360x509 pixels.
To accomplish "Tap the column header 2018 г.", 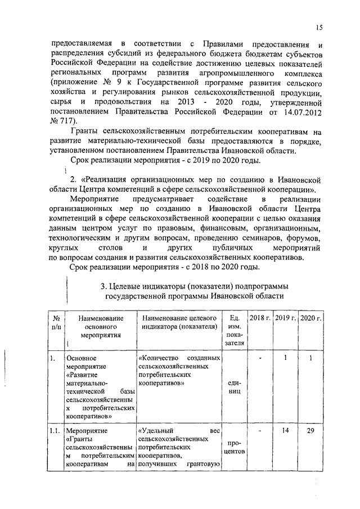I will (260, 318).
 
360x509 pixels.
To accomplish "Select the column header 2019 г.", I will (285, 318).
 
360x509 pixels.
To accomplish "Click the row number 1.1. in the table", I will (54, 431).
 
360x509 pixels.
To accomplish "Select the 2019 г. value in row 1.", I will (285, 358).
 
